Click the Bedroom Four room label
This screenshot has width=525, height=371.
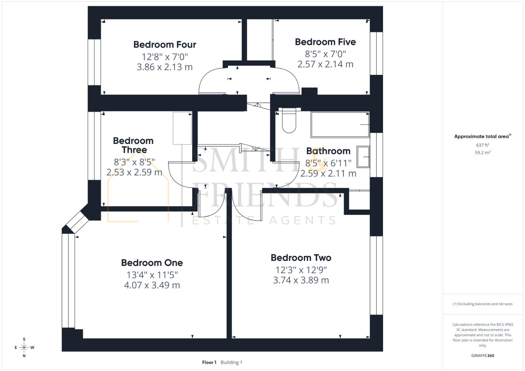(x=165, y=45)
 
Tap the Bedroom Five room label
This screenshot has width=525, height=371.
(x=325, y=42)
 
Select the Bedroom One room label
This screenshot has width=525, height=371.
(x=152, y=263)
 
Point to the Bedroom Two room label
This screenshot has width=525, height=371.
(x=301, y=258)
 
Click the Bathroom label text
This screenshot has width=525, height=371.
(x=328, y=151)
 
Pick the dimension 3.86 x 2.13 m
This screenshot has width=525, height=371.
(x=165, y=67)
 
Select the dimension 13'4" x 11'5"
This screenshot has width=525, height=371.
(x=152, y=275)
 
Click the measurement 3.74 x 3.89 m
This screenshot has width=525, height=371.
(x=301, y=280)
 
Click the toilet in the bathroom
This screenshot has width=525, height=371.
(x=289, y=121)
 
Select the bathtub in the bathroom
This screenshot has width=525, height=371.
(x=340, y=124)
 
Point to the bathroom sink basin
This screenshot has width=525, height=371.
(x=363, y=157)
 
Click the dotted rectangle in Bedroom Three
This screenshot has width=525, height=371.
(x=182, y=128)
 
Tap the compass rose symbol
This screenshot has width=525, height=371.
(x=24, y=347)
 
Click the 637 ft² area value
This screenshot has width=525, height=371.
(x=482, y=145)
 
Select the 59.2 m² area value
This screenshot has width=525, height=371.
(x=482, y=153)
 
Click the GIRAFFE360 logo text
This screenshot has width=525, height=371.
(x=482, y=356)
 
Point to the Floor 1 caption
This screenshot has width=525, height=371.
(x=209, y=362)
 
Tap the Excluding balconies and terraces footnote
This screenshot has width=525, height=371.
(x=482, y=304)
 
